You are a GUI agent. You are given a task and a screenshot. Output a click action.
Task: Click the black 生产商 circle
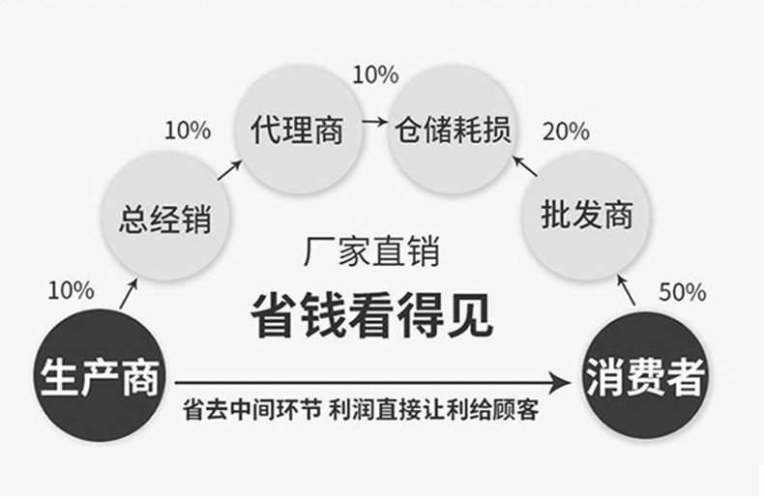(x=100, y=373)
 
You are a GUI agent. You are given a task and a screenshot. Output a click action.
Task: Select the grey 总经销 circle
(x=164, y=219)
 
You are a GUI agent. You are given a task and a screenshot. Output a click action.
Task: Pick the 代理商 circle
(x=296, y=130)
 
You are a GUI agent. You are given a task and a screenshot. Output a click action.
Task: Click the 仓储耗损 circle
(x=451, y=130)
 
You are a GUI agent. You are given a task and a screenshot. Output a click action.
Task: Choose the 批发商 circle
(x=576, y=215)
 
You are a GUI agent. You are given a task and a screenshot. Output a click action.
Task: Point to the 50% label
(x=682, y=291)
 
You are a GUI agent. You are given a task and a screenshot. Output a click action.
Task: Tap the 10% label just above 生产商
(x=71, y=289)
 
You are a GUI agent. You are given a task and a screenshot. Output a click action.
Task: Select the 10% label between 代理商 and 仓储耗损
(x=374, y=73)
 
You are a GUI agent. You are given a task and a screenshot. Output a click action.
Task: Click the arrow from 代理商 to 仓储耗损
(x=372, y=124)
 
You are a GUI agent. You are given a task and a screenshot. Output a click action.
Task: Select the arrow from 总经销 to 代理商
(x=228, y=170)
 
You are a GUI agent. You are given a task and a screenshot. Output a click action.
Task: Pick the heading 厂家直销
(x=371, y=253)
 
